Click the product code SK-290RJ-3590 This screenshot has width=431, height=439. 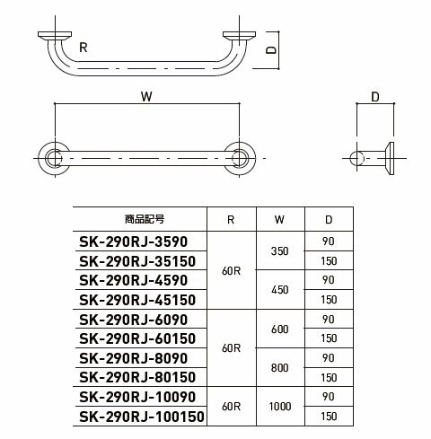tap(133, 241)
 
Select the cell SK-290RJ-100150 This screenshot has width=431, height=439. tap(142, 417)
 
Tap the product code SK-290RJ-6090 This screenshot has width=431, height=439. tap(133, 320)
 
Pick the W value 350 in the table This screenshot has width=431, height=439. tap(280, 251)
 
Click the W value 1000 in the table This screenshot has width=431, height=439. tap(280, 407)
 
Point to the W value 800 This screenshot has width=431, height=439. tap(280, 367)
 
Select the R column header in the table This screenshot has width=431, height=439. tap(231, 220)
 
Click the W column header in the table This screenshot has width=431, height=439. tap(279, 220)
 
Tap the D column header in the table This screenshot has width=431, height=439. tap(329, 220)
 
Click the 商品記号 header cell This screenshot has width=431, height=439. tap(145, 219)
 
